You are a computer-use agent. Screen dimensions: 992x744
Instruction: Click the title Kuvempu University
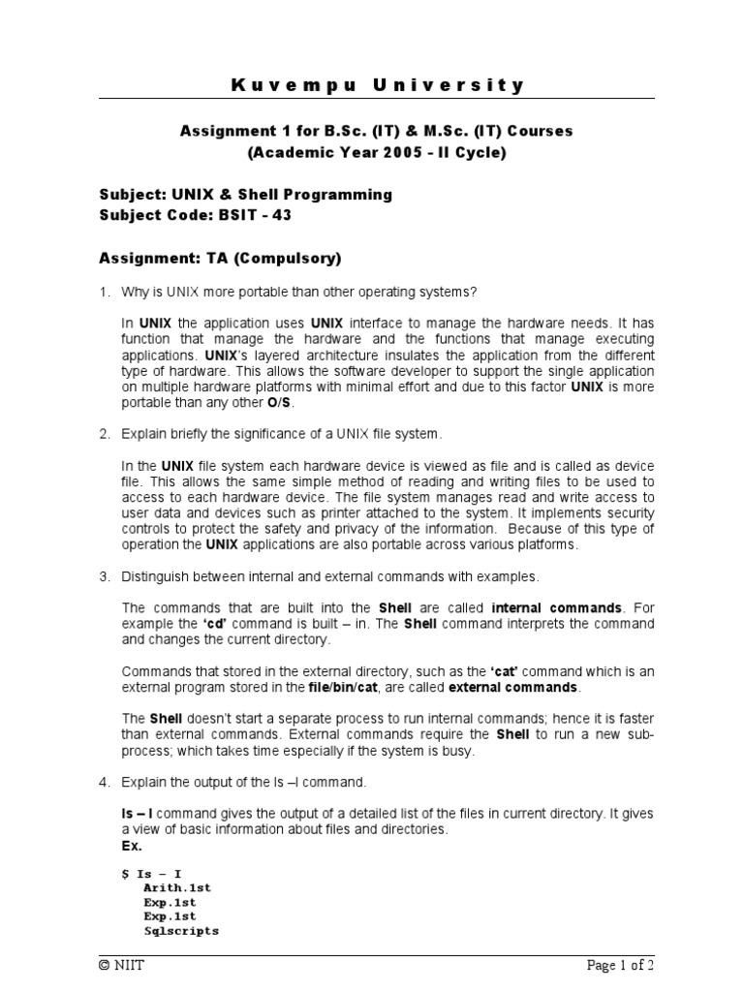tap(378, 85)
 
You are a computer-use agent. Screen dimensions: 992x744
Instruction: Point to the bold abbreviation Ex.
tap(132, 845)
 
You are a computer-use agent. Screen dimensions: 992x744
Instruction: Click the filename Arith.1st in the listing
tap(177, 886)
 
